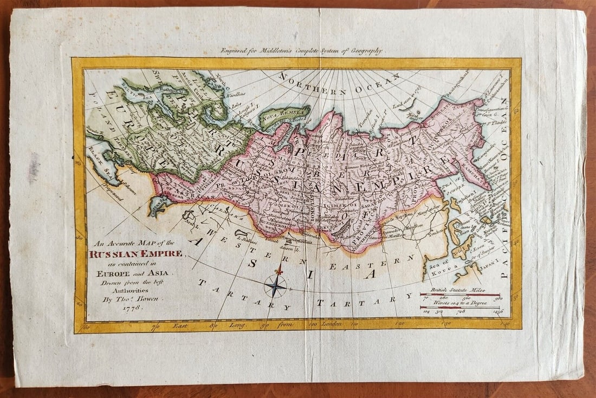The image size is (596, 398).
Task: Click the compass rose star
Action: (275, 285)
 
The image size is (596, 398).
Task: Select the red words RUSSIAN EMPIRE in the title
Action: (136, 253)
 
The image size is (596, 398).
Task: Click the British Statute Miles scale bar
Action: (460, 295)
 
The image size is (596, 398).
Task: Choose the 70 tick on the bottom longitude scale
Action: (156, 326)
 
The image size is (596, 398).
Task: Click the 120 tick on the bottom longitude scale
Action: (400, 324)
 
